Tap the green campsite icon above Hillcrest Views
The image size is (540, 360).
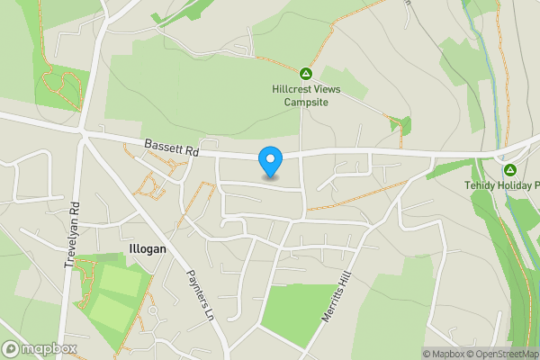click(305, 73)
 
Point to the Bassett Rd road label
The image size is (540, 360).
click(169, 147)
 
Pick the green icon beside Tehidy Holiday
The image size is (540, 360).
click(509, 169)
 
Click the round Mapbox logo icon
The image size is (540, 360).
click(12, 348)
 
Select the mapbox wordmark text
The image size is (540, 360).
click(49, 348)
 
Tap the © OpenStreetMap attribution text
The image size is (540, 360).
click(502, 354)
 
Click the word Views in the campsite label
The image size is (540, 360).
click(328, 89)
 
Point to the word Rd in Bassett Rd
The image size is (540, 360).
click(191, 150)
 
